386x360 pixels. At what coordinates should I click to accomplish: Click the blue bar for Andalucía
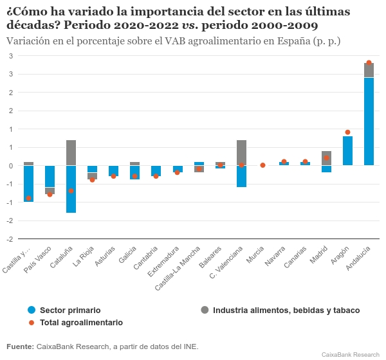pyautogui.click(x=369, y=122)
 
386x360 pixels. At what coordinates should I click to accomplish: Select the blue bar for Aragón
pyautogui.click(x=347, y=150)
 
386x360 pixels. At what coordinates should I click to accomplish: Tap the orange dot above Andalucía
pyautogui.click(x=369, y=63)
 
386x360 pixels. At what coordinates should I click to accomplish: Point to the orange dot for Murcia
pyautogui.click(x=262, y=165)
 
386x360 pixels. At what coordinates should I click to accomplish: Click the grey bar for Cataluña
pyautogui.click(x=71, y=152)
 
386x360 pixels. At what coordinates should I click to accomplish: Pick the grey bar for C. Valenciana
pyautogui.click(x=241, y=152)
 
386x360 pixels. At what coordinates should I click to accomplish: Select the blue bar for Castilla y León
pyautogui.click(x=28, y=184)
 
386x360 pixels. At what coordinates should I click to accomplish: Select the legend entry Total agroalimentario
pyautogui.click(x=81, y=322)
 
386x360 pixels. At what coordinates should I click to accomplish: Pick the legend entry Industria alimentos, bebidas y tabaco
pyautogui.click(x=286, y=310)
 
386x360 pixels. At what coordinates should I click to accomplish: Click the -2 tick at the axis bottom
pyautogui.click(x=10, y=239)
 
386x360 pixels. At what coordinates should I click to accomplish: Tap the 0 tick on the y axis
pyautogui.click(x=11, y=165)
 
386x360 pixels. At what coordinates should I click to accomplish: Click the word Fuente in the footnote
pyautogui.click(x=20, y=346)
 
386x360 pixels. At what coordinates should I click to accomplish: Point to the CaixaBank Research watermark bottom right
pyautogui.click(x=350, y=354)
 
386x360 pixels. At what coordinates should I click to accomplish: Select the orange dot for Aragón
pyautogui.click(x=347, y=132)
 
